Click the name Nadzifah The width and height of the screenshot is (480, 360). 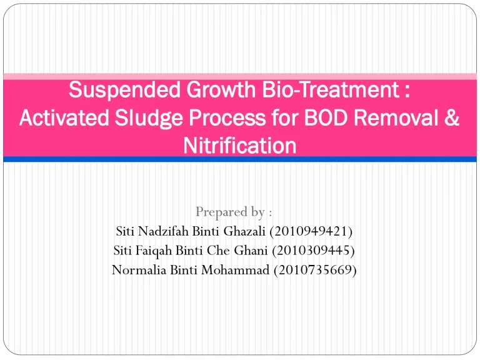[161, 232]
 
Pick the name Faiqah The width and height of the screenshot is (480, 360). [152, 251]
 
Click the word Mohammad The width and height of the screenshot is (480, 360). [236, 270]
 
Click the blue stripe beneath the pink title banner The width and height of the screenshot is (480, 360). [239, 159]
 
